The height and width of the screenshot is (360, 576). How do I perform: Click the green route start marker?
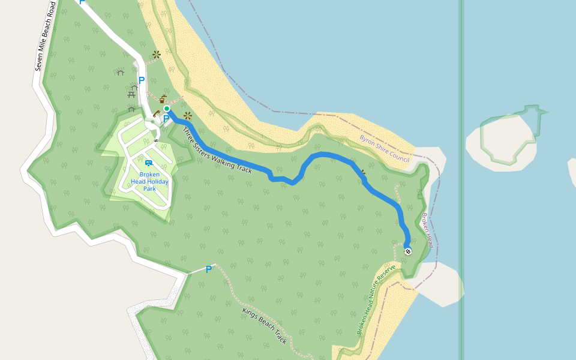(x=167, y=109)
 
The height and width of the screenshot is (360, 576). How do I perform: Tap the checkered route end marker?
(x=408, y=251)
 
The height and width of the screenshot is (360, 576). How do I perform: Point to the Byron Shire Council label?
(x=384, y=148)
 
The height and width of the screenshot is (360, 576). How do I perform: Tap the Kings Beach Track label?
(x=265, y=326)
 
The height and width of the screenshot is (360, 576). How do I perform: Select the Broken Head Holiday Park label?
(x=149, y=181)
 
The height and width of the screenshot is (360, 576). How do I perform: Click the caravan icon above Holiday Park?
(x=148, y=163)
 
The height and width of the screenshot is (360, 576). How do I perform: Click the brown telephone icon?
(x=156, y=113)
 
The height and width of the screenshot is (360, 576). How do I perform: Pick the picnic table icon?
(x=131, y=94)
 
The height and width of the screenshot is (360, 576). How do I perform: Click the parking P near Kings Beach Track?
(x=209, y=269)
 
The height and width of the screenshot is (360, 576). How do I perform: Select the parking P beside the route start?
(x=166, y=119)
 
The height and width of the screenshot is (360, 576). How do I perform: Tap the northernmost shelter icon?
(x=120, y=73)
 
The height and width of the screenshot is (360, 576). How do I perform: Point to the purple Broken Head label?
(x=427, y=230)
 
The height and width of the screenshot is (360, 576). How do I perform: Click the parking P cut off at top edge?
(x=82, y=2)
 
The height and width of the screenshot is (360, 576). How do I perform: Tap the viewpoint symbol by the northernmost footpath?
(x=157, y=55)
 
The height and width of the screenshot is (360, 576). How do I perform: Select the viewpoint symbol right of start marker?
(x=188, y=115)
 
